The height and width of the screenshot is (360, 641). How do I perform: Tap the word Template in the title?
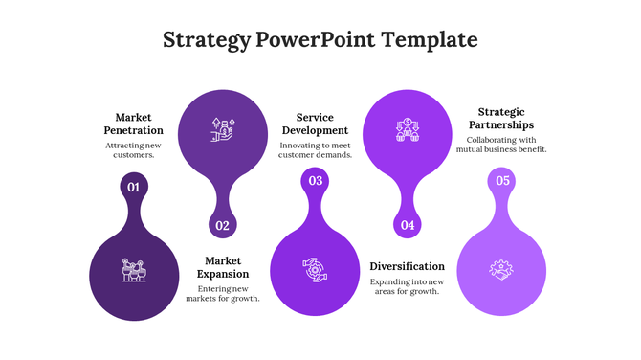coord(429,40)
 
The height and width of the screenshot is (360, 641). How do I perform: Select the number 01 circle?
coord(134,188)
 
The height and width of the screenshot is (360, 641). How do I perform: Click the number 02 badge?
coord(222,226)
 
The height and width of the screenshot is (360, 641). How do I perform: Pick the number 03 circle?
coord(315,180)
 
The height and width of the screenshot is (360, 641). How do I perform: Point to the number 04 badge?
coord(408,226)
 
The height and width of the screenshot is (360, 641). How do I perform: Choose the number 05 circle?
coord(502,180)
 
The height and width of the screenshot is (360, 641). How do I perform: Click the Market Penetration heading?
coord(133,124)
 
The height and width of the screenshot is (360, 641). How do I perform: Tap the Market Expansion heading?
coord(223,266)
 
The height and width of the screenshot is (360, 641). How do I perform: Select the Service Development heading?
coord(315,124)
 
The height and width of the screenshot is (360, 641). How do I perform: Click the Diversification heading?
coord(407,266)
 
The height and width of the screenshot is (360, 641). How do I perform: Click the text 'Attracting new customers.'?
coord(133,149)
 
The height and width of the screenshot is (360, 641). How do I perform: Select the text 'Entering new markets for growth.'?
coord(223,293)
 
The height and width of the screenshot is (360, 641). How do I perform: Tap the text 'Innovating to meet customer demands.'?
coord(315,149)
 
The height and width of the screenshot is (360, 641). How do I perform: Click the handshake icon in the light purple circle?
coord(501,270)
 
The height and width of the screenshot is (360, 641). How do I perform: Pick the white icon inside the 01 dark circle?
coord(134,270)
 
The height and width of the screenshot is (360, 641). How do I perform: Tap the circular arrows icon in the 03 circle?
coord(315,270)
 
